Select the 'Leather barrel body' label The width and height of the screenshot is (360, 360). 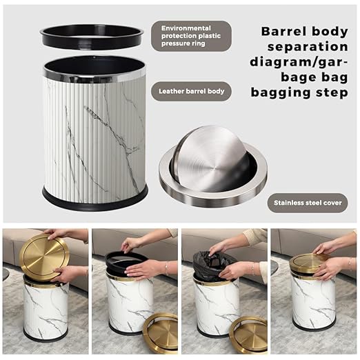coord(191,90)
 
